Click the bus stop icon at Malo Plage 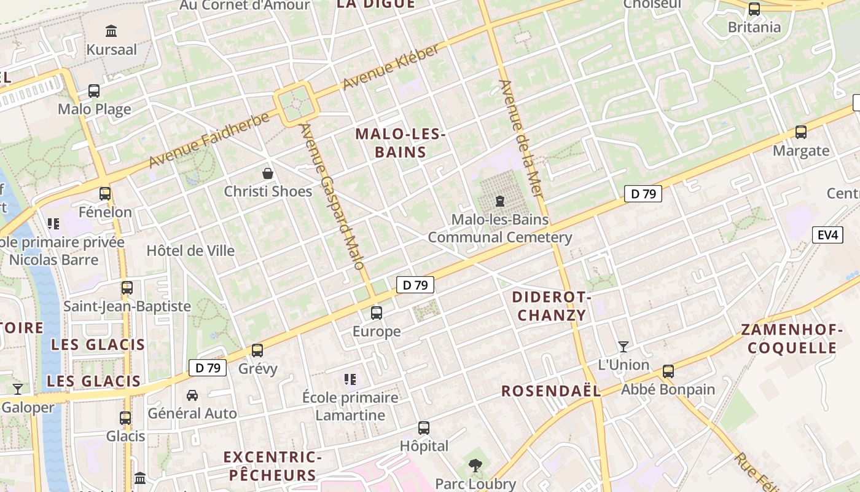pyautogui.click(x=94, y=91)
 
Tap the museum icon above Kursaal pyautogui.click(x=111, y=31)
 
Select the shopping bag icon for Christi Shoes pyautogui.click(x=268, y=173)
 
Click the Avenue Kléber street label pyautogui.click(x=391, y=67)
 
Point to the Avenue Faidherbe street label pyautogui.click(x=209, y=140)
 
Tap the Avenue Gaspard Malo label pyautogui.click(x=332, y=196)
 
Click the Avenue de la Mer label pyautogui.click(x=522, y=138)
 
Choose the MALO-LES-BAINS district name pyautogui.click(x=400, y=143)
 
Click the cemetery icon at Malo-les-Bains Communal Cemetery pyautogui.click(x=499, y=201)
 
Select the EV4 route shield pyautogui.click(x=827, y=235)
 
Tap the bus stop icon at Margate pyautogui.click(x=800, y=132)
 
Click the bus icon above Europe pyautogui.click(x=377, y=313)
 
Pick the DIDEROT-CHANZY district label pyautogui.click(x=552, y=306)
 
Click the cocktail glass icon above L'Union pyautogui.click(x=623, y=346)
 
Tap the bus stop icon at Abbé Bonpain pyautogui.click(x=668, y=371)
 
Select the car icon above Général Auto pyautogui.click(x=192, y=395)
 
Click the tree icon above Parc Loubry pyautogui.click(x=475, y=466)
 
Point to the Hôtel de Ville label pyautogui.click(x=190, y=250)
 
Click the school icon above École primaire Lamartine pyautogui.click(x=350, y=379)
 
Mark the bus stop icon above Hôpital pyautogui.click(x=424, y=427)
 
